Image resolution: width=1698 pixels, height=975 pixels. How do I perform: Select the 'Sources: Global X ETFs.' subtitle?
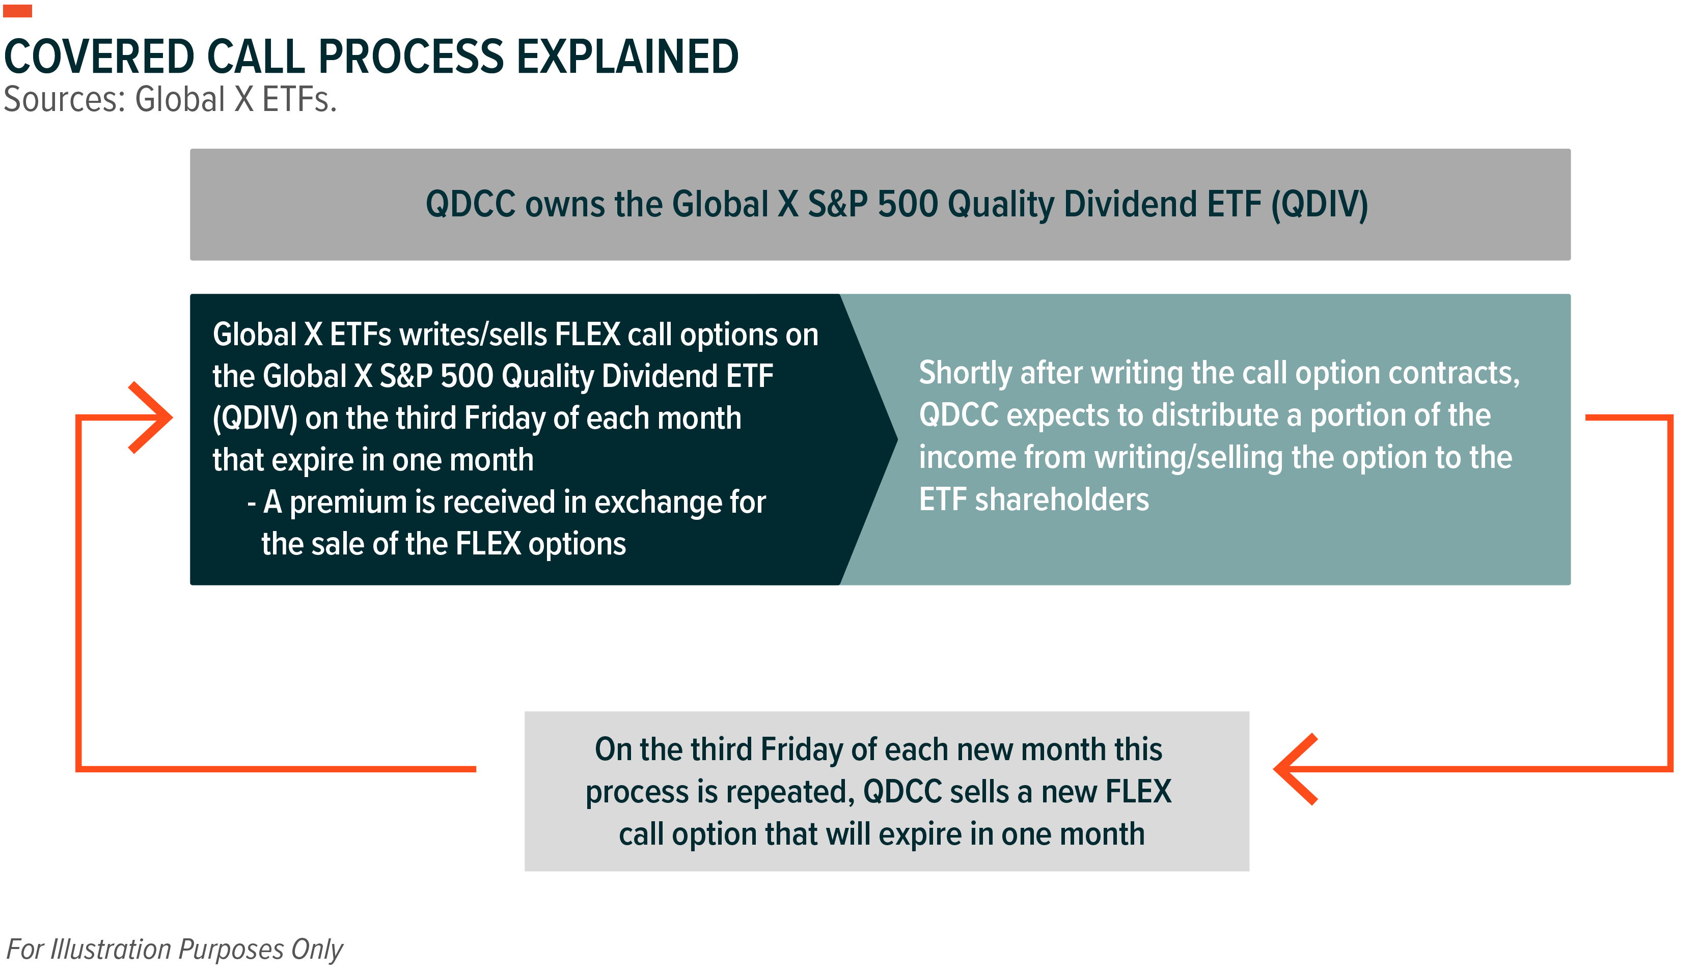click(170, 100)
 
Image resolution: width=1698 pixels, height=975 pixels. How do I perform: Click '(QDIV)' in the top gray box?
click(1320, 204)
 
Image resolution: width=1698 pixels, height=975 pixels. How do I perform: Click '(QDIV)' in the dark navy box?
click(255, 419)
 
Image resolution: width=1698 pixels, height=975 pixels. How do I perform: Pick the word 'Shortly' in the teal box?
click(965, 373)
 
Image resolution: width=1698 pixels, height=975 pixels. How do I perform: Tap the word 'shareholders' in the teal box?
click(1062, 499)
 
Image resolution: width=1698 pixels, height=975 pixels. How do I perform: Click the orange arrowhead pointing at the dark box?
click(151, 418)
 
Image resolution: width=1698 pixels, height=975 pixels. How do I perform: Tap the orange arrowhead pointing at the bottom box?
click(1296, 769)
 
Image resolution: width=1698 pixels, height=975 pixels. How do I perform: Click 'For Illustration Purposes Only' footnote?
click(174, 950)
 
